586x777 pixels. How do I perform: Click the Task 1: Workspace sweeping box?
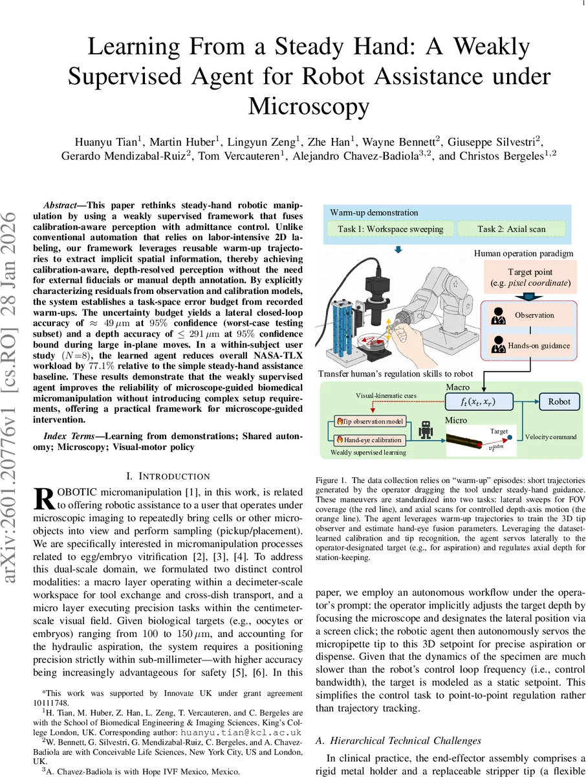coord(391,229)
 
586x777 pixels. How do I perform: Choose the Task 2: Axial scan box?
coord(511,229)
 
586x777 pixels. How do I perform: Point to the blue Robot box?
coord(559,401)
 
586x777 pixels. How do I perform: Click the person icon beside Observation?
coord(498,317)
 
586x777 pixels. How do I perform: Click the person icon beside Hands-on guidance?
coord(498,346)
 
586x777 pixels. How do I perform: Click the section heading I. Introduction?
coord(168,477)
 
